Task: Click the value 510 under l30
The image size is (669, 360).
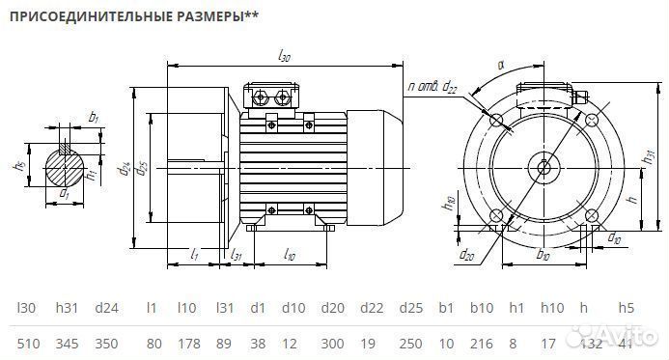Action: tap(28, 344)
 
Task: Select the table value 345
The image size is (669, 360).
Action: tap(68, 344)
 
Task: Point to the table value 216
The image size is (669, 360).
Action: tap(481, 344)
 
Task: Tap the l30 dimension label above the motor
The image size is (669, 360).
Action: tap(284, 57)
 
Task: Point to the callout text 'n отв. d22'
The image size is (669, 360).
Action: tap(433, 88)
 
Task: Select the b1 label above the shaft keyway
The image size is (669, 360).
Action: tap(93, 118)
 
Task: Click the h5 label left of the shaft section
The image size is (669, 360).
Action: tap(18, 165)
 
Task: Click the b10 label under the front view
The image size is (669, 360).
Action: tap(543, 257)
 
